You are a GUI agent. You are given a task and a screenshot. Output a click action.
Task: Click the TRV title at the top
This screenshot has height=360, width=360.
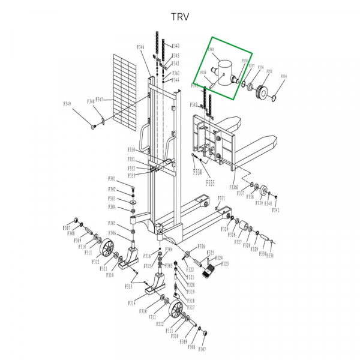point(179,16)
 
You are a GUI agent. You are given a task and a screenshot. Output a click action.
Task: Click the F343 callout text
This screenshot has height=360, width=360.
point(176,46)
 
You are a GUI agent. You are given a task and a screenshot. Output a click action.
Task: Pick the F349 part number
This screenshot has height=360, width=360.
point(67,104)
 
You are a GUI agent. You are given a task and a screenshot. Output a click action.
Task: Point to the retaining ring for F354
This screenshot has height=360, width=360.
point(277,97)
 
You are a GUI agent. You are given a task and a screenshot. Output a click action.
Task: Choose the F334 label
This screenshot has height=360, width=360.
point(197,172)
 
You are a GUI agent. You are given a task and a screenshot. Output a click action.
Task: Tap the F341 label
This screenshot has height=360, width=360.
point(276,211)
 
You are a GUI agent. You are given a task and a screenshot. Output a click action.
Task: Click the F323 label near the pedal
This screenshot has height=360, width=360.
point(218,264)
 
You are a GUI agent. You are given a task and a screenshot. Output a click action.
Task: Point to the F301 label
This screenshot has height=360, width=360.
point(112,179)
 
